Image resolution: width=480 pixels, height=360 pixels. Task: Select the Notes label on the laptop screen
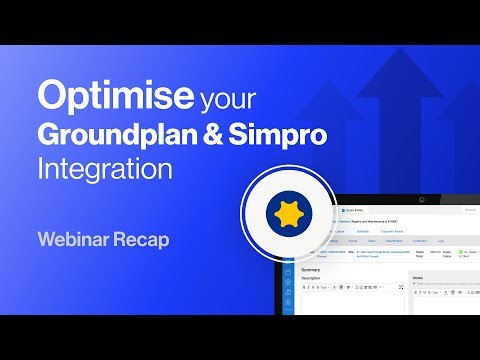[x=418, y=277]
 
